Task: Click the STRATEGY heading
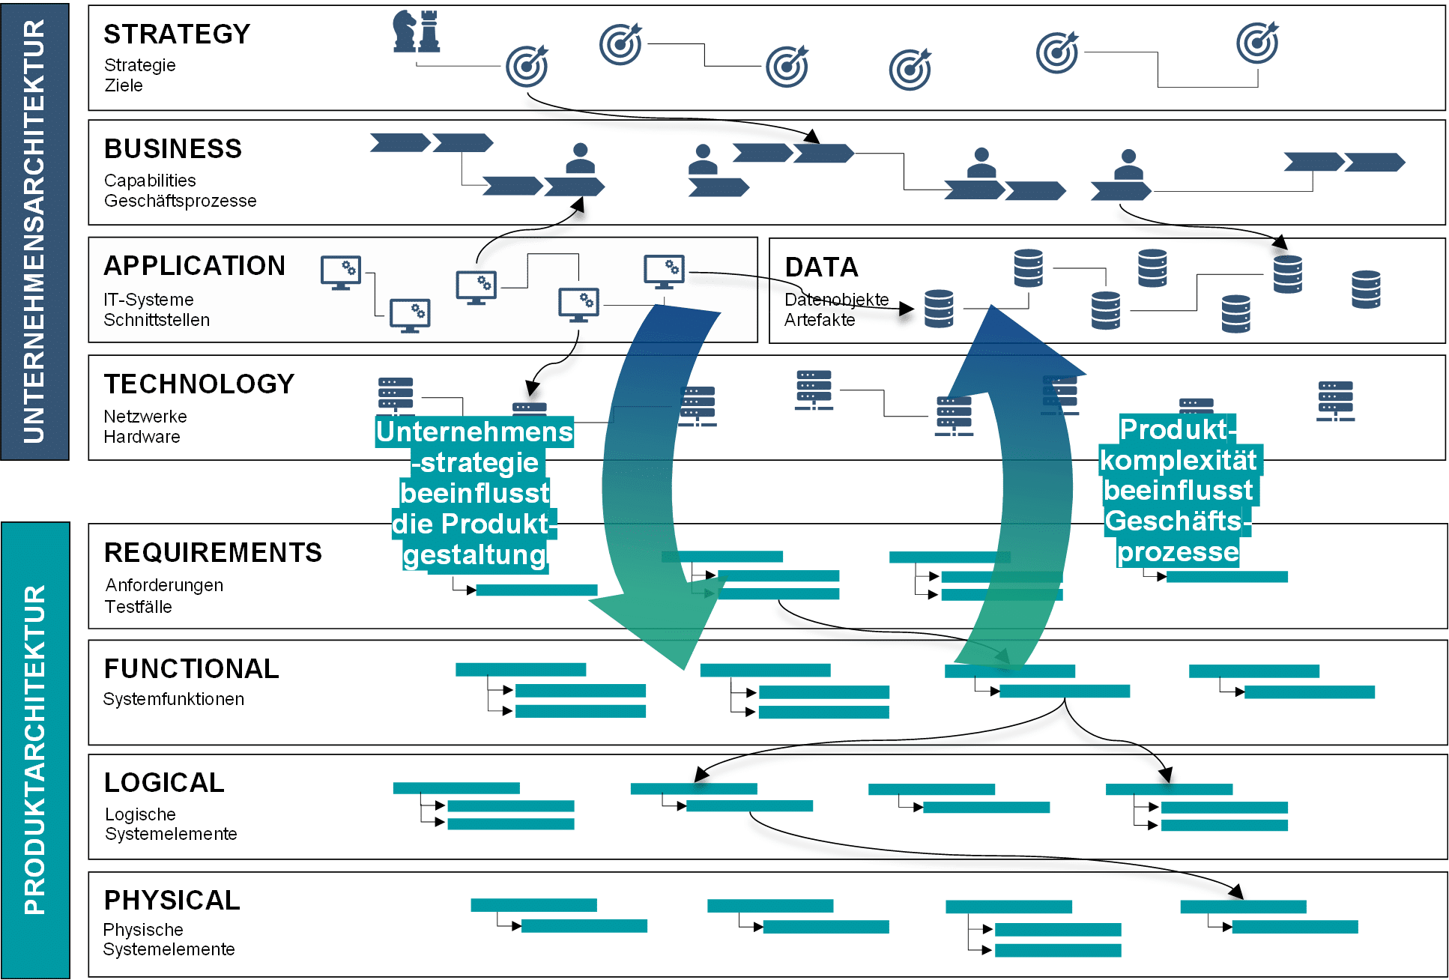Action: [x=177, y=34]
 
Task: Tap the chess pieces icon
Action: [x=417, y=31]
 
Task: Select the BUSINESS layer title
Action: [x=173, y=149]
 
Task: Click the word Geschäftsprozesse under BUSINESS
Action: [x=180, y=201]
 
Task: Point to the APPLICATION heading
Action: [x=195, y=266]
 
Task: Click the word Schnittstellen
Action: [x=157, y=320]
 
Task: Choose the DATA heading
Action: [x=821, y=267]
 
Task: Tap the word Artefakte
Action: [x=820, y=320]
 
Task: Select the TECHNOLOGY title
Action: [x=199, y=384]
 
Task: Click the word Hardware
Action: [x=142, y=437]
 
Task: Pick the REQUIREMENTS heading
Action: [x=213, y=553]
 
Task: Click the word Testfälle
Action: [x=138, y=607]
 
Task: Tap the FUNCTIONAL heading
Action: [x=192, y=669]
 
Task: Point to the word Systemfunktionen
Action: [x=173, y=699]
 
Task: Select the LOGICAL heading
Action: [x=164, y=783]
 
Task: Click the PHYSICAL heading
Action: [x=172, y=901]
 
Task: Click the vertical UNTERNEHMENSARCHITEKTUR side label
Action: [x=34, y=231]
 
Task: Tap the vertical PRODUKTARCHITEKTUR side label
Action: [x=34, y=749]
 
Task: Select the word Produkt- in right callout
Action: [x=1177, y=430]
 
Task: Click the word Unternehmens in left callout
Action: [x=474, y=432]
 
